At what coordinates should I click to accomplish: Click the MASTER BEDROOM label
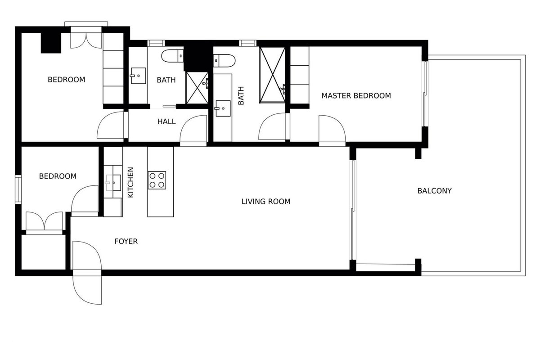(356, 96)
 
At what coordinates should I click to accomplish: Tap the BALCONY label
(434, 191)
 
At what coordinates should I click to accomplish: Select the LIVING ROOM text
(266, 201)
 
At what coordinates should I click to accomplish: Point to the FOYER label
(126, 241)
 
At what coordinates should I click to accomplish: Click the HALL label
(166, 121)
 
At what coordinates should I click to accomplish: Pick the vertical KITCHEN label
(130, 182)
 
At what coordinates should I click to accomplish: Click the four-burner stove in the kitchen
(157, 180)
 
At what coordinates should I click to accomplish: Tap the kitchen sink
(113, 183)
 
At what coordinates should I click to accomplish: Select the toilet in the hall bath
(172, 56)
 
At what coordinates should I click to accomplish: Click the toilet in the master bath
(224, 60)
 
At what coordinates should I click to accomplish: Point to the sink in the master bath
(223, 108)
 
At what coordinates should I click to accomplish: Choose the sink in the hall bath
(138, 76)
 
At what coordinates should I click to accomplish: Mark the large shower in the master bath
(272, 75)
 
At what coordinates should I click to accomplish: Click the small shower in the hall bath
(197, 88)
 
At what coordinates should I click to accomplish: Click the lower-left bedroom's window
(18, 189)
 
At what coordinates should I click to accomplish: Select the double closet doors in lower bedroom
(44, 221)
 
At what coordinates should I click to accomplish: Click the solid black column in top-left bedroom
(51, 43)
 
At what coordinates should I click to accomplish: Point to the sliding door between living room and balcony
(353, 210)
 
